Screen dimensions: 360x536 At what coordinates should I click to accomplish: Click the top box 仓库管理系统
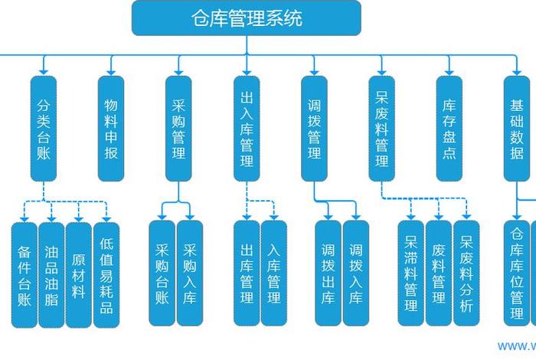pos(246,18)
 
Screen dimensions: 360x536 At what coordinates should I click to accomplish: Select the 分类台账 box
pos(44,128)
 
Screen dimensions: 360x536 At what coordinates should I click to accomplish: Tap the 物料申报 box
pos(111,128)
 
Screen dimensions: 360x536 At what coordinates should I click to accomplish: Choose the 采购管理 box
pos(178,128)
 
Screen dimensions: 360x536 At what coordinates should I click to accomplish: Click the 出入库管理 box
pos(247,128)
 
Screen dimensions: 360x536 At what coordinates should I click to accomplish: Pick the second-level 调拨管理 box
pos(314,128)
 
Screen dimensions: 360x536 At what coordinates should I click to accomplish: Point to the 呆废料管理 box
pos(382,128)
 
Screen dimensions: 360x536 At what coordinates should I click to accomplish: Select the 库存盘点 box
pos(449,128)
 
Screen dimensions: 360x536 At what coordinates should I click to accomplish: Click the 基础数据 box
pos(517,128)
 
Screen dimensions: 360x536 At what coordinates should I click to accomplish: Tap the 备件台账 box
pos(24,274)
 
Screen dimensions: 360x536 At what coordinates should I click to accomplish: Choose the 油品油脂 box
pos(51,274)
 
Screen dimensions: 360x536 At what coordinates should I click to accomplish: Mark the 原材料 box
pos(79,274)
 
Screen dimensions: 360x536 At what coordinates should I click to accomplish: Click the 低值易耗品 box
pos(106,274)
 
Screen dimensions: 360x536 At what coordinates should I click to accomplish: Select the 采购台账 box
pos(162,274)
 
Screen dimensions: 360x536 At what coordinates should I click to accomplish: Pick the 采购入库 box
pos(190,274)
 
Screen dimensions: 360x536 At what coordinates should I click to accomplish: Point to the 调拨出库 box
pos(328,274)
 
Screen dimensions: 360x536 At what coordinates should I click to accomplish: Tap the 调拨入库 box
pos(356,274)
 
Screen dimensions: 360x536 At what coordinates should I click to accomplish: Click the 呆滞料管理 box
pos(411,274)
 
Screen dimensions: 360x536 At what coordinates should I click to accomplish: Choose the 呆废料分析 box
pos(466,274)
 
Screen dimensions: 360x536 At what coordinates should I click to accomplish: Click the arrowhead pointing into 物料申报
pos(111,71)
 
